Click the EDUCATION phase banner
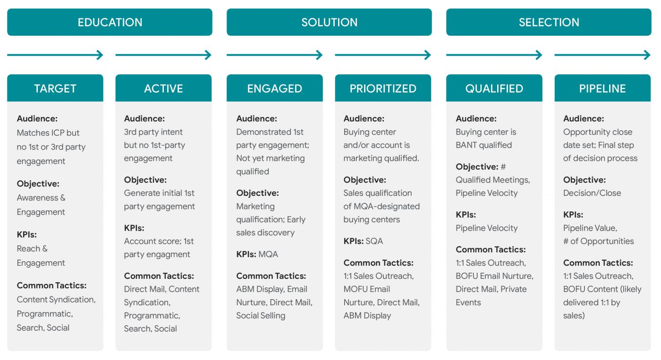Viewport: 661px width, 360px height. (x=110, y=22)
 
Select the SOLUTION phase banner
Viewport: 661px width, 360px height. (x=330, y=22)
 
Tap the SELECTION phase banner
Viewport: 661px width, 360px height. (x=549, y=22)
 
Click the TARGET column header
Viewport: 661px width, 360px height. (x=55, y=88)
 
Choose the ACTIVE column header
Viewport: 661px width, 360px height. (x=163, y=88)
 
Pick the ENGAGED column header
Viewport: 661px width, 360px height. (x=275, y=88)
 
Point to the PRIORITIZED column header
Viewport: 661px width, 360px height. (x=383, y=88)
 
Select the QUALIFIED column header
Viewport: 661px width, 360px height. (x=494, y=88)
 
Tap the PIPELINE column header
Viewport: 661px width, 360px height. (x=602, y=88)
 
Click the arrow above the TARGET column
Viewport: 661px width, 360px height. (x=55, y=55)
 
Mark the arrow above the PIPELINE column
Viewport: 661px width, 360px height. (x=602, y=55)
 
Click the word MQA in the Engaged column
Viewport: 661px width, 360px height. (x=268, y=254)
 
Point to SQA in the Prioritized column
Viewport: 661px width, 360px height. (x=374, y=241)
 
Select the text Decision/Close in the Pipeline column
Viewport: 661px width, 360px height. (x=592, y=193)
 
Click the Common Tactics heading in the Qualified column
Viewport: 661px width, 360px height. (x=491, y=250)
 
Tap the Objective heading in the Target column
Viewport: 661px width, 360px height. (x=38, y=184)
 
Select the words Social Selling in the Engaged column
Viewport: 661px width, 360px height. (x=261, y=316)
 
